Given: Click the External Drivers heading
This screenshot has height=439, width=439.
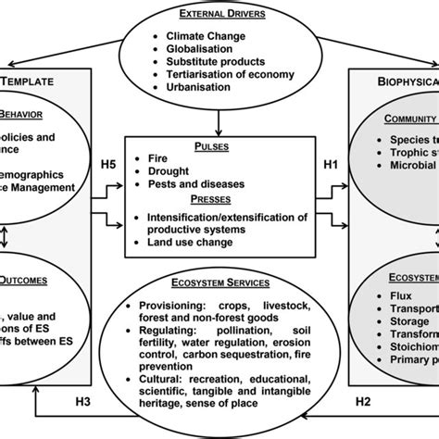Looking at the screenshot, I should click(x=219, y=16).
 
